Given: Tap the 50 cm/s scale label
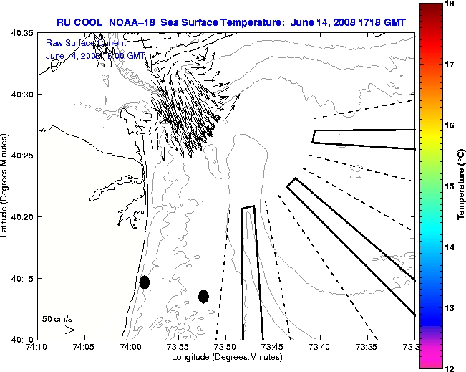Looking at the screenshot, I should [x=57, y=318].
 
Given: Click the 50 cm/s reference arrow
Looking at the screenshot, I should [x=60, y=330].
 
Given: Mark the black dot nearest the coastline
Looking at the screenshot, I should [x=145, y=282].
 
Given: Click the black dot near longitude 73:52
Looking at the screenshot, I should [x=203, y=296].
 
